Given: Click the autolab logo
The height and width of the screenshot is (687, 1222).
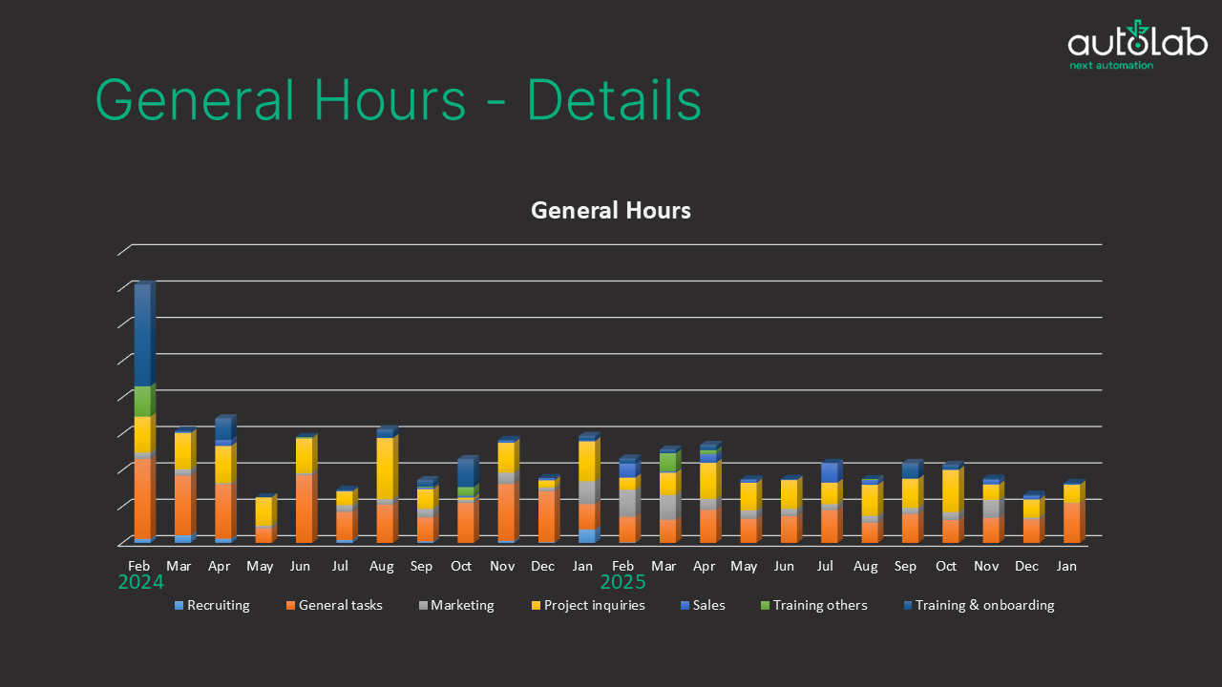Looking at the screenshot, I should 1137,41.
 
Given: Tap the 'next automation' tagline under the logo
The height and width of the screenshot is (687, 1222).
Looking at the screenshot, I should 1111,66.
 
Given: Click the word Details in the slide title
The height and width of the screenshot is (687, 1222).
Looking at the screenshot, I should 614,99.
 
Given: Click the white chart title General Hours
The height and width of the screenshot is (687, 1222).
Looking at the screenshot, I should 610,210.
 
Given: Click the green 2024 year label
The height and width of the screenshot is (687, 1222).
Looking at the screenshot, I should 140,582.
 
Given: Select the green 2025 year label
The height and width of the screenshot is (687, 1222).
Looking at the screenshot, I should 622,582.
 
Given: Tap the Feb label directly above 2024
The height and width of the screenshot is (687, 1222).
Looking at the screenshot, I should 139,566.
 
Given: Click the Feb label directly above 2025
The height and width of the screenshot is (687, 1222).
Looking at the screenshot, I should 623,566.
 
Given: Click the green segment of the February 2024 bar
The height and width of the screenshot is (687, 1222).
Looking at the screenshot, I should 142,402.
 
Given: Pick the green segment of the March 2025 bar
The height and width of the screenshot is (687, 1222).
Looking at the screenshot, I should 668,462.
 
